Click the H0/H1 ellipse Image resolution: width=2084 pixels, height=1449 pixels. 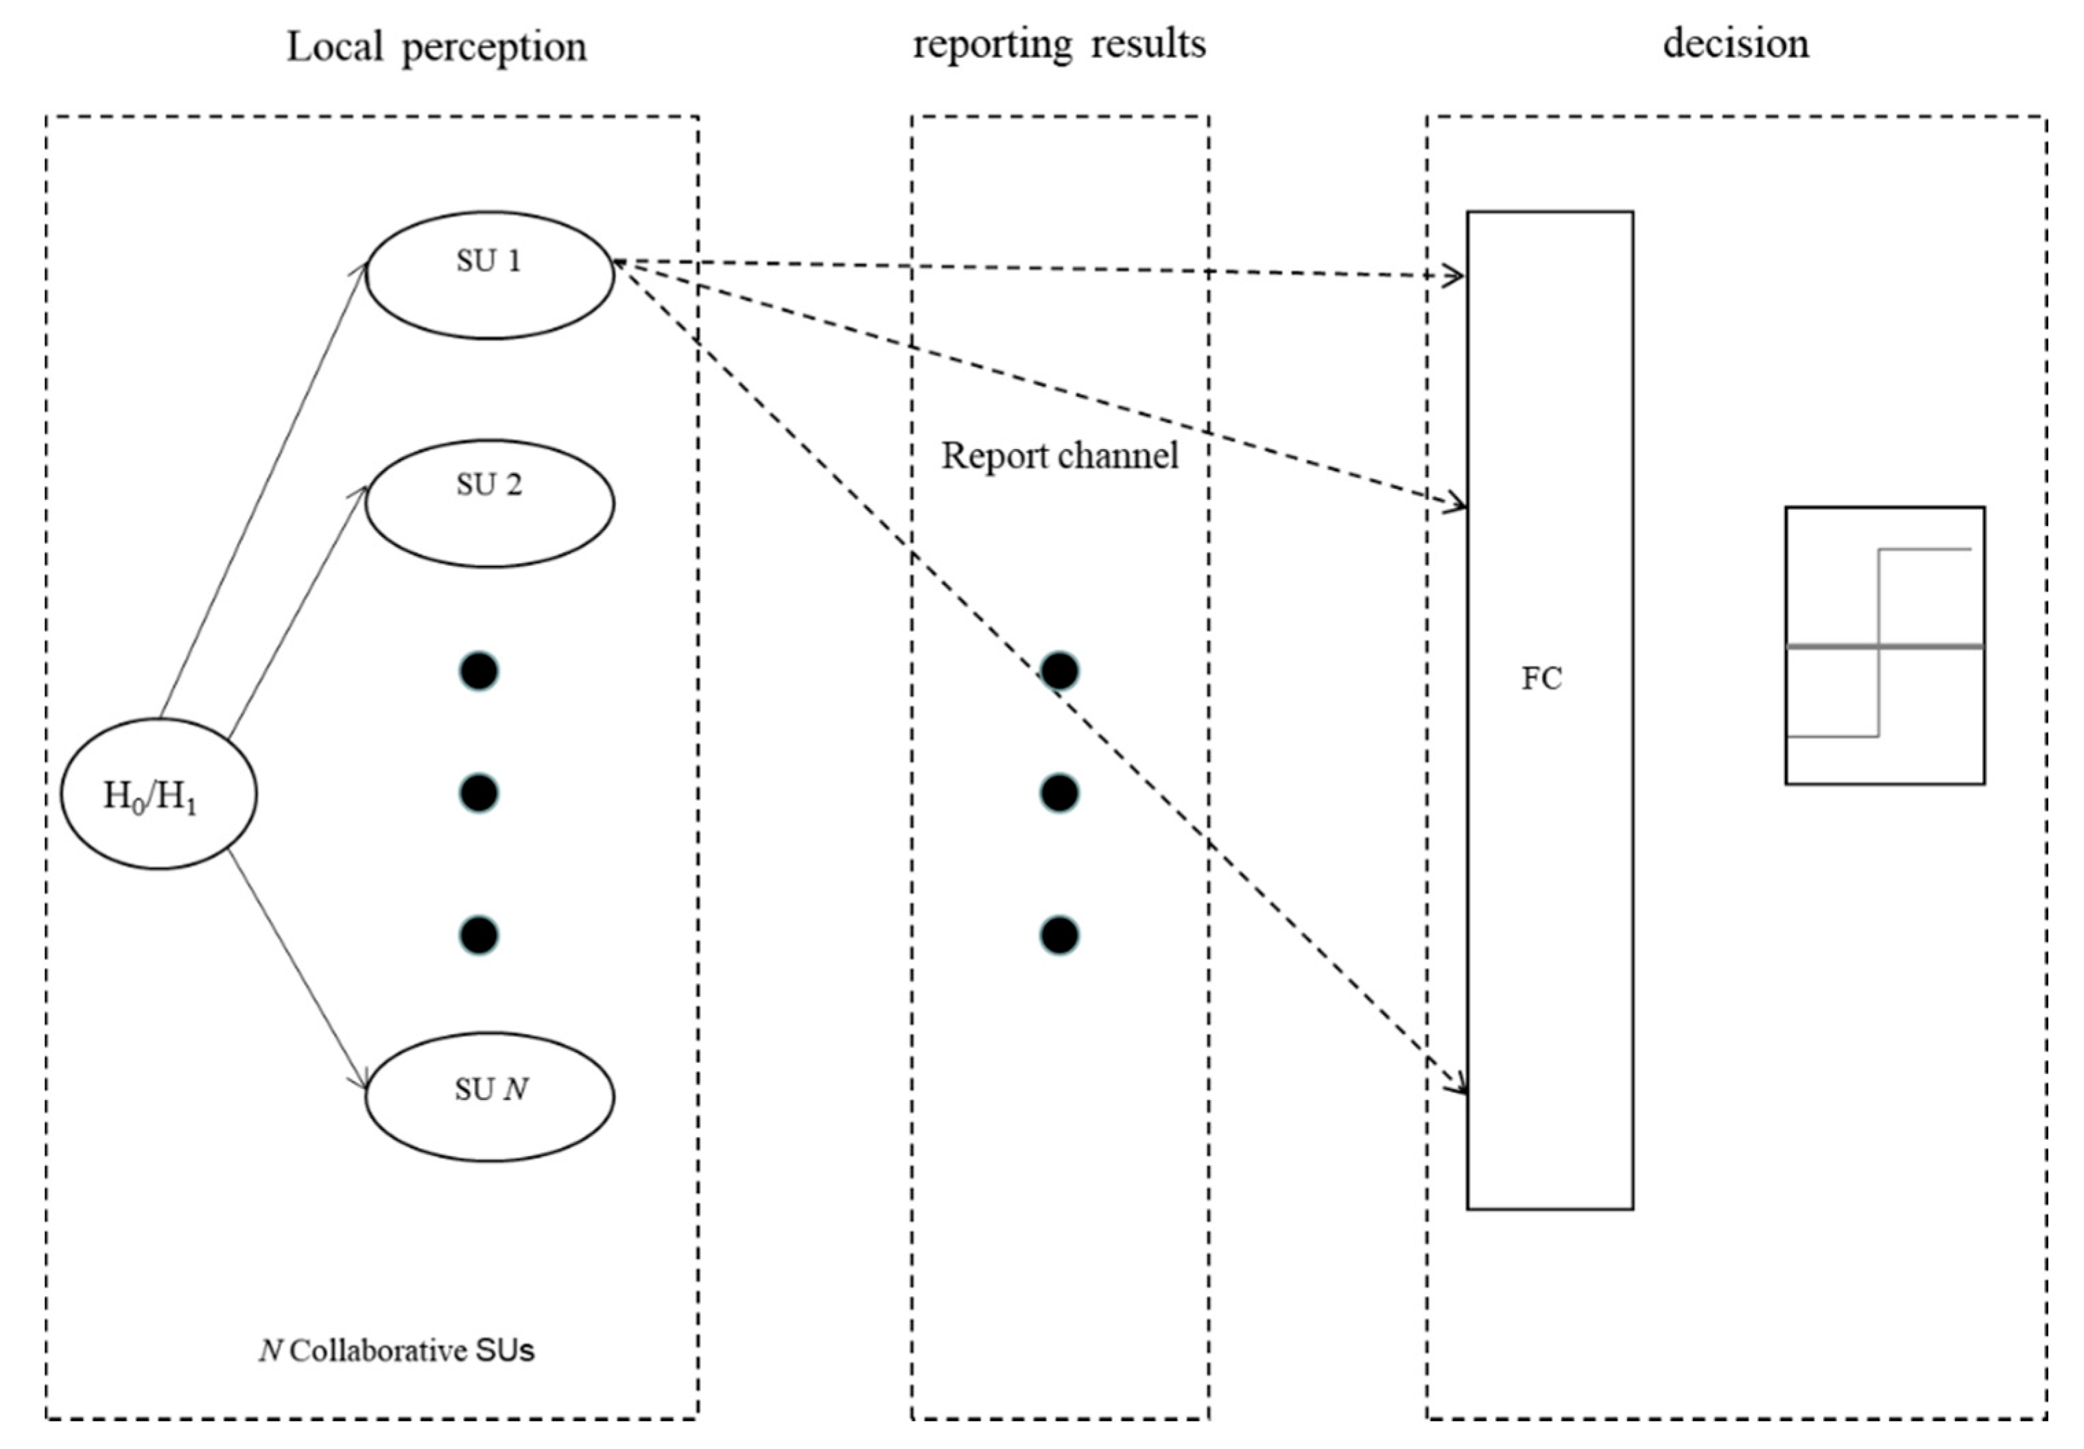159,794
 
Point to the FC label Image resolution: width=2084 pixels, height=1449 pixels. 1541,679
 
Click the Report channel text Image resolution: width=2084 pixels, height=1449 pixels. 1059,455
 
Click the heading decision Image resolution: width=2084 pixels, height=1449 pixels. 1736,44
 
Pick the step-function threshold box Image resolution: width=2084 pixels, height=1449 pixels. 1884,645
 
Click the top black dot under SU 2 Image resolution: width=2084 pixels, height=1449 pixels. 479,671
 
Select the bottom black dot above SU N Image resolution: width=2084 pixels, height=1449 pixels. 479,935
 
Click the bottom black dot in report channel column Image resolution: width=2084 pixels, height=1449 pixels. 1059,935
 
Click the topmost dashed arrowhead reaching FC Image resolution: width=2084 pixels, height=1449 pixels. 1456,276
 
